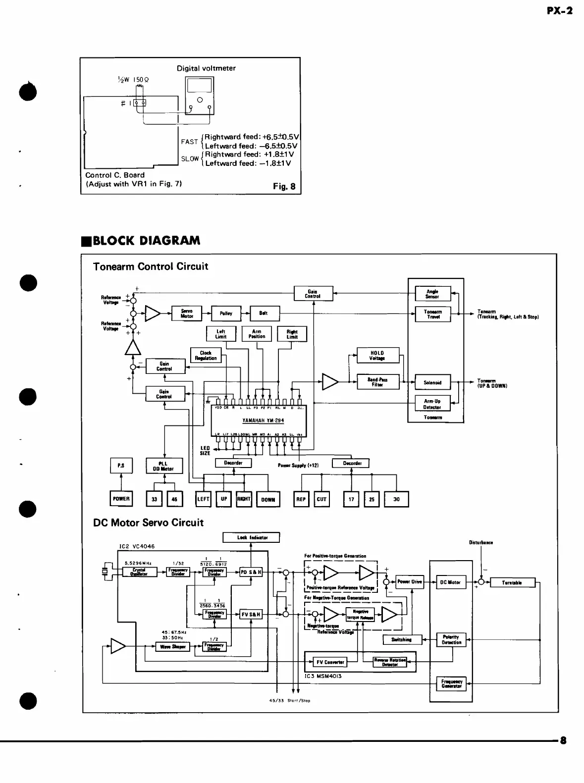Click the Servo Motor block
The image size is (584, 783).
click(x=187, y=313)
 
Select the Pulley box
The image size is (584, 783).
click(x=226, y=313)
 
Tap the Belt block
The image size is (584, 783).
click(x=265, y=313)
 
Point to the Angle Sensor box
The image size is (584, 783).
click(x=432, y=294)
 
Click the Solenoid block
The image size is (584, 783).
click(x=432, y=383)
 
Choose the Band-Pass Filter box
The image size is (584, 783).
click(x=377, y=382)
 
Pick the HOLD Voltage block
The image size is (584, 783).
click(x=377, y=356)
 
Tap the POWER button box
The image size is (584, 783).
click(x=121, y=499)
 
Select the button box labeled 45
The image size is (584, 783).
click(x=174, y=499)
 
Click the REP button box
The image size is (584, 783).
click(x=301, y=499)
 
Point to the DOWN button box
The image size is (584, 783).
click(x=268, y=500)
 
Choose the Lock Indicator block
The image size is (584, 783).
click(x=251, y=537)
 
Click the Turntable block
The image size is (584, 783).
click(x=512, y=583)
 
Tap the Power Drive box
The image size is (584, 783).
click(x=410, y=582)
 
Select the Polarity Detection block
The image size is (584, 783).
click(x=451, y=640)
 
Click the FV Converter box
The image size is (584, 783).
click(x=330, y=662)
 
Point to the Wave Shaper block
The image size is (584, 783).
click(x=173, y=647)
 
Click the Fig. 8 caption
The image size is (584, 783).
click(x=284, y=187)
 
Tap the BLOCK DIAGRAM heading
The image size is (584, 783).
click(x=142, y=241)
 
